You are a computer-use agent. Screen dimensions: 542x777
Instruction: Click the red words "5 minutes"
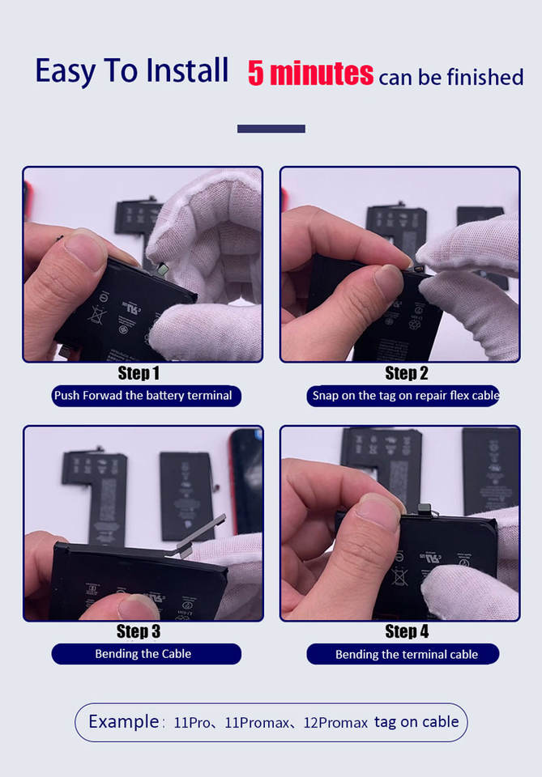(310, 74)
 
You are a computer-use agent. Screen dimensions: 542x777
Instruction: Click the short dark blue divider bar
(271, 129)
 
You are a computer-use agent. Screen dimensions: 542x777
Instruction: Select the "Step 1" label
(139, 373)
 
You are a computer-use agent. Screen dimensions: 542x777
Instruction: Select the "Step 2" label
(406, 373)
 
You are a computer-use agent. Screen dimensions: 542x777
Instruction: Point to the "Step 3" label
(139, 631)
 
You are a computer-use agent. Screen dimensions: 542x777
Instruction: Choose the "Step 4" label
(407, 631)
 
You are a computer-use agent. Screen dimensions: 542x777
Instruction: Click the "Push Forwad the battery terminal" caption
(143, 396)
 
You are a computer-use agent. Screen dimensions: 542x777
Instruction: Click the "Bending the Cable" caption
(143, 654)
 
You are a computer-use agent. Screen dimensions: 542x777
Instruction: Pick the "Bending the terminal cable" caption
(407, 654)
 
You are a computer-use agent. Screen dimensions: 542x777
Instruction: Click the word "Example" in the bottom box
(123, 721)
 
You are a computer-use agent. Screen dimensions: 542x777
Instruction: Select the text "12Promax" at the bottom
(335, 723)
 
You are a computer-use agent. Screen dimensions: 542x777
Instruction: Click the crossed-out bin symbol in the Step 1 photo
(96, 315)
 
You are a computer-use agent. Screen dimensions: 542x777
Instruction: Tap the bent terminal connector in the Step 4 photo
(425, 510)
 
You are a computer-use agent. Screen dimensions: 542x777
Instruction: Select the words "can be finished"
(450, 78)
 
